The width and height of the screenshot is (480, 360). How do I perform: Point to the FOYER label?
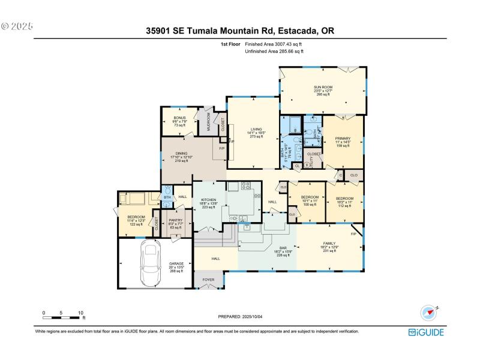tap(208, 280)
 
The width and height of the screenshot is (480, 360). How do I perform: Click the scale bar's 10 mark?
tap(80, 313)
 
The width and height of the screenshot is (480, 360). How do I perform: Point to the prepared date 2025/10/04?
tap(239, 316)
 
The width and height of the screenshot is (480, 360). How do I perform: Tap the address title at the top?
tap(239, 29)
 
